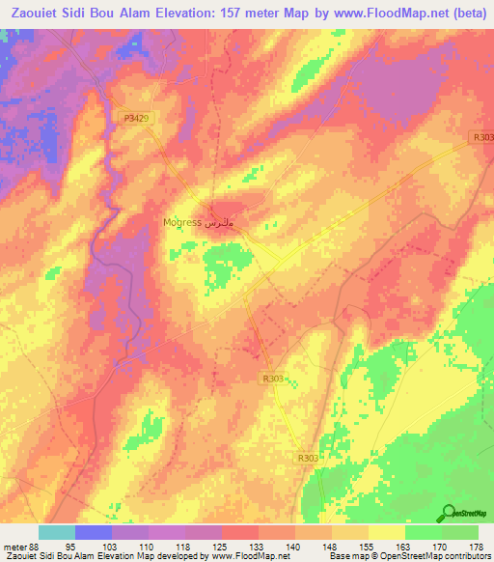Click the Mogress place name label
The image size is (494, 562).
click(182, 222)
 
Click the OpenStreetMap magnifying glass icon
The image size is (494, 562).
click(450, 514)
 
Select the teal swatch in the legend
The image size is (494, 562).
click(57, 532)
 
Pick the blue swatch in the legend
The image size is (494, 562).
click(94, 532)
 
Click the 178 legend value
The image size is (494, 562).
click(478, 546)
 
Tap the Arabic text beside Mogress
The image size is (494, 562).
click(220, 222)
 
